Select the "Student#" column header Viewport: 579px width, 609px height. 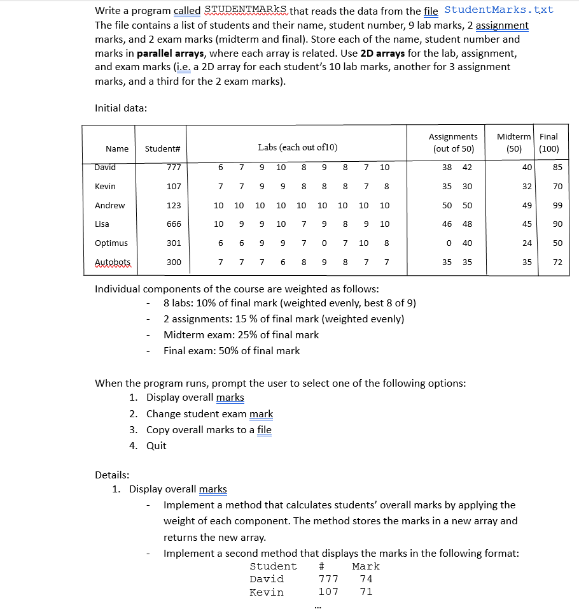tap(162, 148)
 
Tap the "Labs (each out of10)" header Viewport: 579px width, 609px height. tap(298, 148)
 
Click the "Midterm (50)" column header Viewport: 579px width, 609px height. tap(513, 143)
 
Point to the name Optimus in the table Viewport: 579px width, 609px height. tap(111, 243)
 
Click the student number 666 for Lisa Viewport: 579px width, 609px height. tap(174, 224)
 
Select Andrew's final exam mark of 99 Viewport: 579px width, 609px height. tap(557, 205)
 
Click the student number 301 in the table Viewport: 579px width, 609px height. tap(174, 243)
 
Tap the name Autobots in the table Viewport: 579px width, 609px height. tap(113, 262)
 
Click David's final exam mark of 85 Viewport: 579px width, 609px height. tap(557, 168)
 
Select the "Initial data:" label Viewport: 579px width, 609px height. tap(121, 108)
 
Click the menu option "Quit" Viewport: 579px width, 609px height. tap(156, 445)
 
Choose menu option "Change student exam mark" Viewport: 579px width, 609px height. tap(209, 414)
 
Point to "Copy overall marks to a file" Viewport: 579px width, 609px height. tap(209, 429)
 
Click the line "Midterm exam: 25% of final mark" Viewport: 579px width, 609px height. tap(241, 335)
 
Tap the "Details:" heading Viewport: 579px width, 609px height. tap(112, 474)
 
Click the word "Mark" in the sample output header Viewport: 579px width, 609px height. tap(365, 566)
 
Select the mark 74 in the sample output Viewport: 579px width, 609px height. tap(366, 579)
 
